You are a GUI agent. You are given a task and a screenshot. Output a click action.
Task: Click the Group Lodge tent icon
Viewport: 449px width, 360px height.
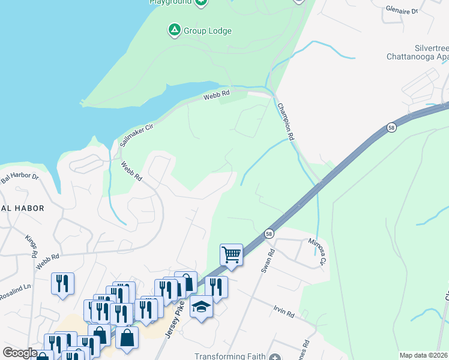pyautogui.click(x=174, y=30)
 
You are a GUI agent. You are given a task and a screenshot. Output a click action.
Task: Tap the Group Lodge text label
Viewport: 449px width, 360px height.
pyautogui.click(x=207, y=31)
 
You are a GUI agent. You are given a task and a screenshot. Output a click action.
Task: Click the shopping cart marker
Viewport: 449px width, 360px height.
pyautogui.click(x=231, y=255)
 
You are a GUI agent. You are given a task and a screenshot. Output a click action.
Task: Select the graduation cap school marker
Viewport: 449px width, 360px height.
pyautogui.click(x=202, y=307)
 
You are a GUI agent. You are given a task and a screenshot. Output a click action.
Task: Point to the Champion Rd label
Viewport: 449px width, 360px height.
pyautogui.click(x=286, y=121)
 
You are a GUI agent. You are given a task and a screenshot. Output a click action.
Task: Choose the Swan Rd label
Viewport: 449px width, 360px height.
pyautogui.click(x=267, y=259)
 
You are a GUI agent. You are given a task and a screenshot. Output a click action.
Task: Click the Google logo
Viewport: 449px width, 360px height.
pyautogui.click(x=20, y=353)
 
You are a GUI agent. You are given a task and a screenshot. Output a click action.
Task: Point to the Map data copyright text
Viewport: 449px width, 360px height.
pyautogui.click(x=424, y=355)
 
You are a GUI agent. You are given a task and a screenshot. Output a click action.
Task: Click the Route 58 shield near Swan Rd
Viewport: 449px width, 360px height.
pyautogui.click(x=268, y=232)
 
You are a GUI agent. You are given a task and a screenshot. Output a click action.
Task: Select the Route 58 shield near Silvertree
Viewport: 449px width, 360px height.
pyautogui.click(x=391, y=128)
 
